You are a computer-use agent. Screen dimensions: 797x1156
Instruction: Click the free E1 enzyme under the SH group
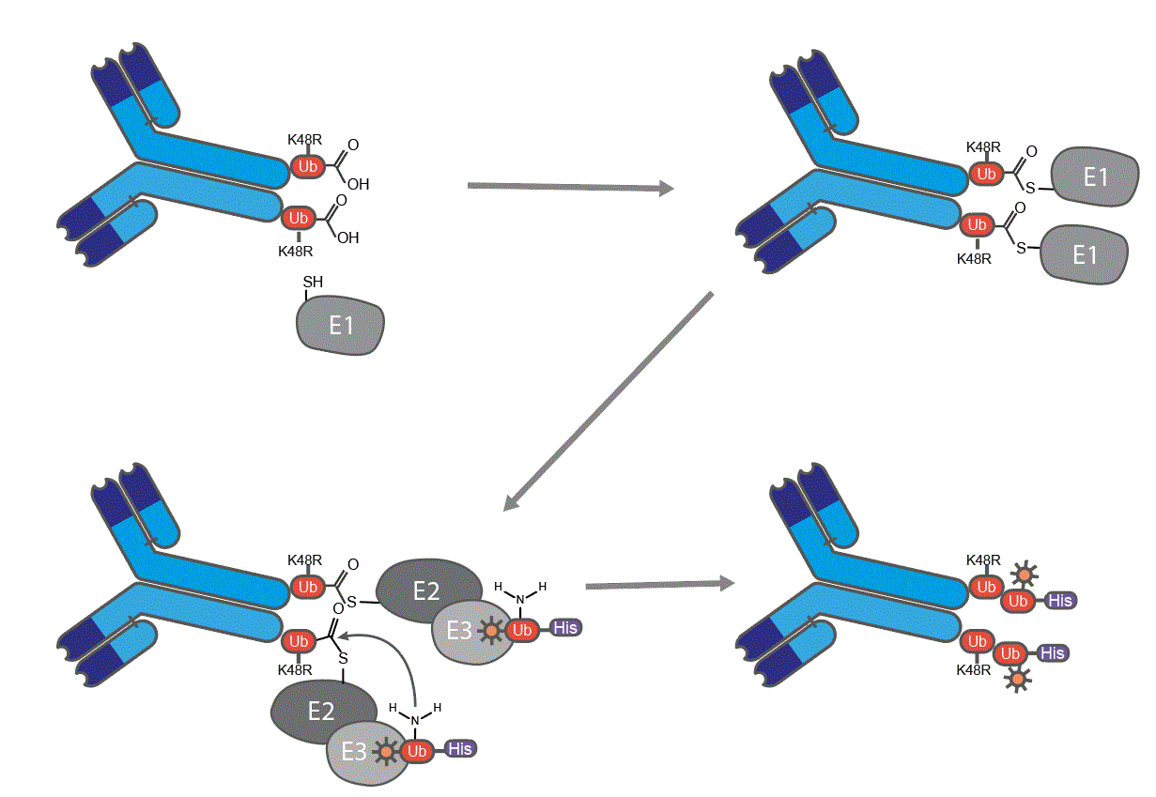(341, 327)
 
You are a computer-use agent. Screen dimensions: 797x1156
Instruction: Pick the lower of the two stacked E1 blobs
(1084, 253)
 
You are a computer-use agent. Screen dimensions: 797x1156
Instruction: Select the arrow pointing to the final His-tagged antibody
(657, 585)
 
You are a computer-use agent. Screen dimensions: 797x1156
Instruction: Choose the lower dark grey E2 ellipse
(322, 711)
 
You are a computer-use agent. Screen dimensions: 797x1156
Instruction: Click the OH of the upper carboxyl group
(358, 184)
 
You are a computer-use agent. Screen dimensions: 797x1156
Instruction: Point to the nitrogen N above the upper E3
(520, 599)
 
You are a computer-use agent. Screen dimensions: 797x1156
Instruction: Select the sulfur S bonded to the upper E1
(1029, 189)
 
